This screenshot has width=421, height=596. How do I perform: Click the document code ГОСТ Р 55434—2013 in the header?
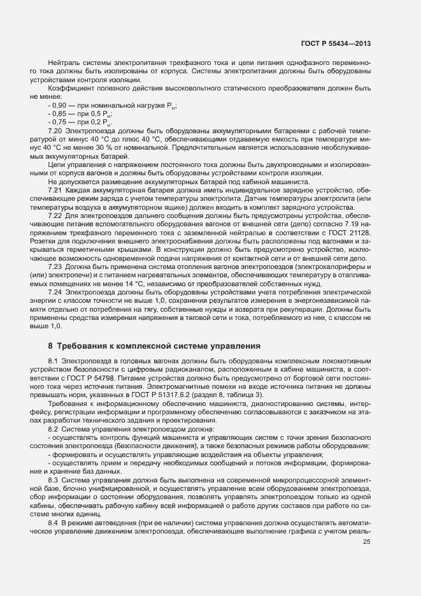click(x=336, y=43)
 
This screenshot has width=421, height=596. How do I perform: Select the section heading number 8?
click(x=50, y=345)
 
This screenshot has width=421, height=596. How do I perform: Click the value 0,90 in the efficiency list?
click(x=59, y=106)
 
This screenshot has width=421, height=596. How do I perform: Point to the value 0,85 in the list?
click(x=59, y=113)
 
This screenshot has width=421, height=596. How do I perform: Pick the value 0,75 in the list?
click(x=59, y=121)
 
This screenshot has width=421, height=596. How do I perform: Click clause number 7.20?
click(x=55, y=130)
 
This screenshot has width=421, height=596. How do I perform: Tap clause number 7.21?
click(x=55, y=190)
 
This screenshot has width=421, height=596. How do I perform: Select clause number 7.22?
click(x=55, y=215)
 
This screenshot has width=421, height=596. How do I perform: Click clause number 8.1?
click(x=53, y=361)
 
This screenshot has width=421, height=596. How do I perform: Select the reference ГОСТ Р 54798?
click(x=89, y=377)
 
